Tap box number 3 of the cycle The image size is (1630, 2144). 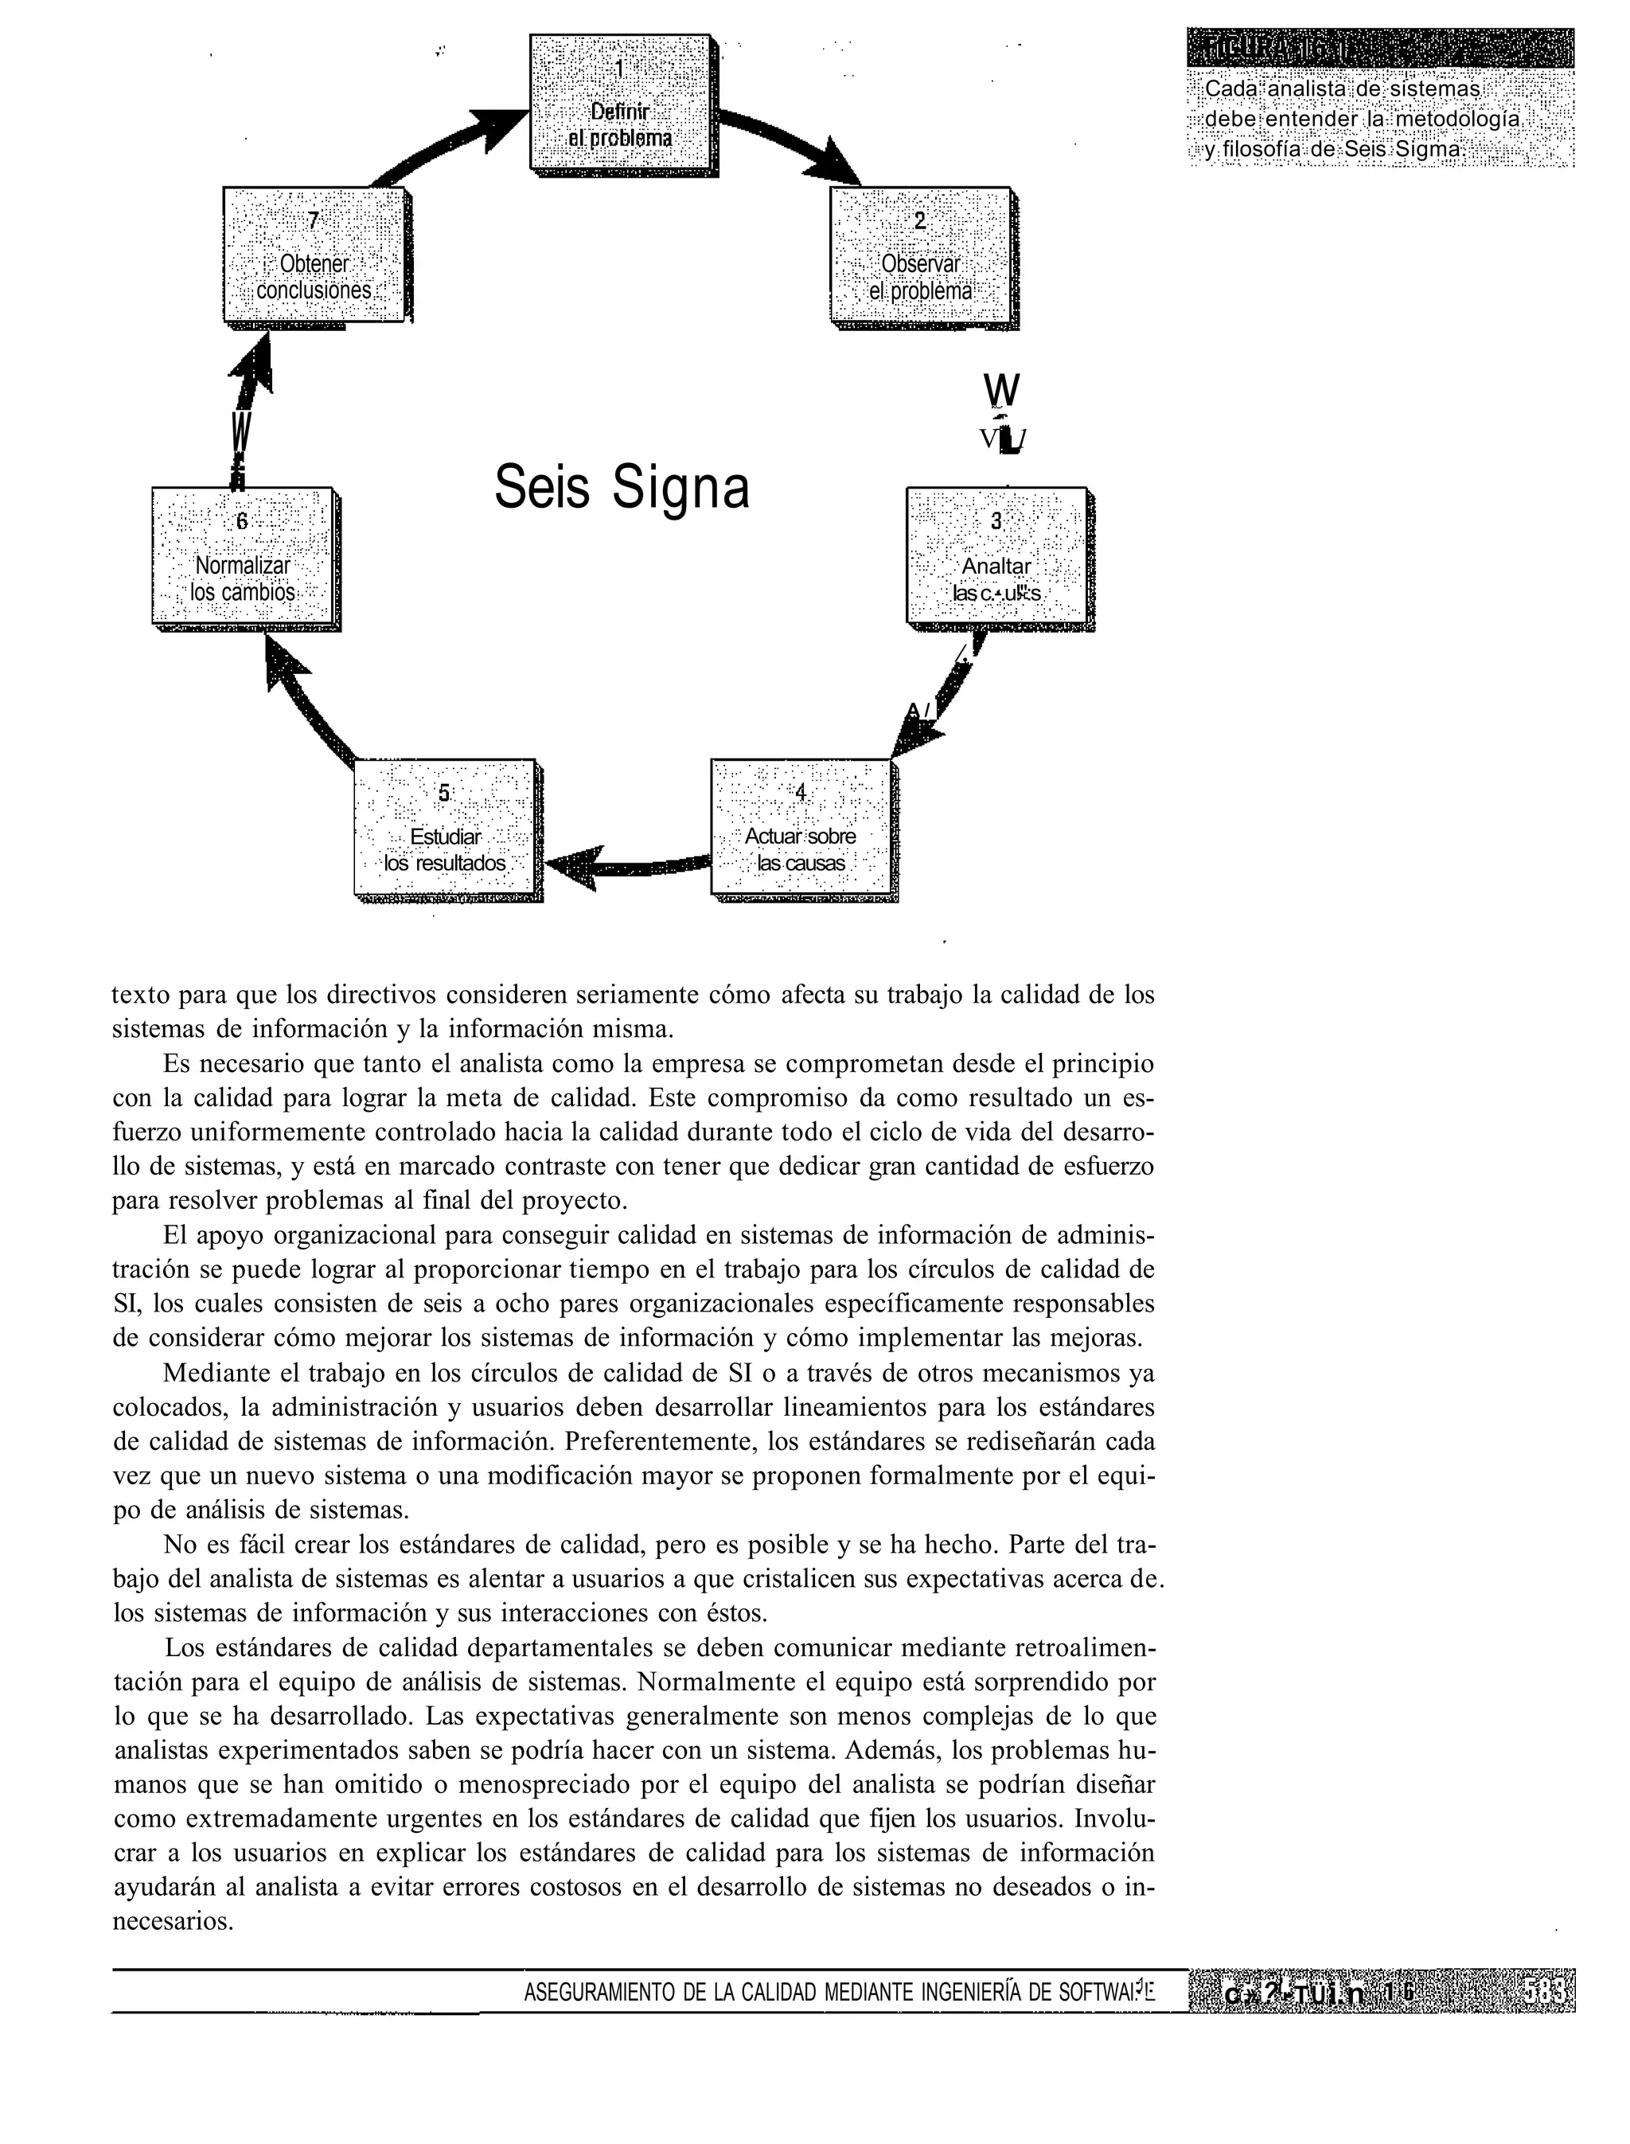click(x=996, y=555)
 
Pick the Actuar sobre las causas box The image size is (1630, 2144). click(x=801, y=828)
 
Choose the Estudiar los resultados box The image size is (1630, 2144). click(x=444, y=828)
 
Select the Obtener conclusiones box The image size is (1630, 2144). click(x=314, y=256)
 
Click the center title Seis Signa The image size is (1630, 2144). click(x=621, y=487)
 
